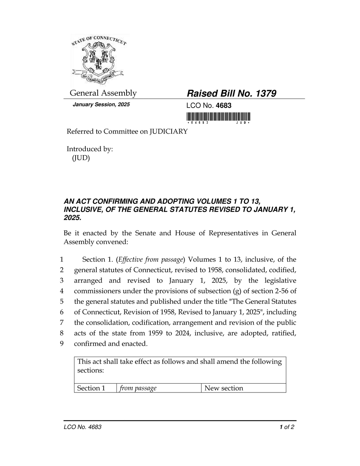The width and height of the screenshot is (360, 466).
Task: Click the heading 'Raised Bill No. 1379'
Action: (x=231, y=94)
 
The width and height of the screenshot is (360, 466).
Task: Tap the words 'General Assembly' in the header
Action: (x=103, y=93)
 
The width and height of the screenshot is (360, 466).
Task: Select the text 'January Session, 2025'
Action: (x=101, y=105)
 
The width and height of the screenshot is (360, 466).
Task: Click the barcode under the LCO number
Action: (x=218, y=117)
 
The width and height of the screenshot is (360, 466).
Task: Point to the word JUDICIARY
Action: (x=169, y=132)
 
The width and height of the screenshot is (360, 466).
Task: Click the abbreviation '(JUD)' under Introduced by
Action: (x=81, y=158)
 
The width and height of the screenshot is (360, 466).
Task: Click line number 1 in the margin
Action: (x=62, y=260)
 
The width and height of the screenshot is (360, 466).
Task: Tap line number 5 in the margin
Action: (x=62, y=302)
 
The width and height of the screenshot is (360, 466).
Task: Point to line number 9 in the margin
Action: (x=62, y=344)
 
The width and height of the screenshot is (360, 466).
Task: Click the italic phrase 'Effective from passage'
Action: (x=151, y=260)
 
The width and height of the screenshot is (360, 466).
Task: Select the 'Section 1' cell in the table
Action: (x=91, y=388)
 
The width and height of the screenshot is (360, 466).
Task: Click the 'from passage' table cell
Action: (x=138, y=388)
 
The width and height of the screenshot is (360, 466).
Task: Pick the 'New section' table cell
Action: (x=224, y=388)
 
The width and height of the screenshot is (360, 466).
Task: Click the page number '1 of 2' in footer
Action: (x=287, y=427)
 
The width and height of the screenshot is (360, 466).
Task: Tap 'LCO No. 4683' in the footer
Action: (x=83, y=427)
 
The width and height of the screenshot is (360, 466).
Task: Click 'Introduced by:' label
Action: (x=90, y=149)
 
